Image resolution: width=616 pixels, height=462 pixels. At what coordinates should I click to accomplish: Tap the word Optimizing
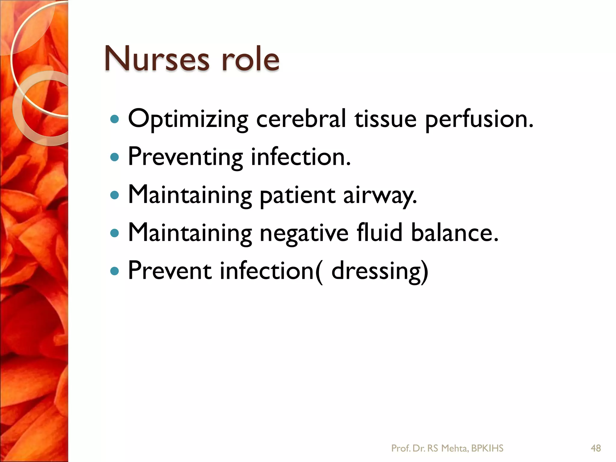[x=188, y=119]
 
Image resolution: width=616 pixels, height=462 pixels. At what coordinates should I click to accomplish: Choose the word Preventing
[x=185, y=157]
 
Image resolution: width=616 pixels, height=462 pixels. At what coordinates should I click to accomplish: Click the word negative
[x=304, y=233]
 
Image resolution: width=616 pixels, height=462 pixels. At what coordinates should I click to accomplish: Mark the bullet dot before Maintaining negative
[x=115, y=233]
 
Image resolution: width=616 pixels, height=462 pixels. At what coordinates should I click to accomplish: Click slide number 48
[x=596, y=448]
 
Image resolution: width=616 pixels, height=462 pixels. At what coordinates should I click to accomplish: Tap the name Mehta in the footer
[x=454, y=448]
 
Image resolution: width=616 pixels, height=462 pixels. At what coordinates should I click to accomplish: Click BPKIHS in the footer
[x=487, y=448]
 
